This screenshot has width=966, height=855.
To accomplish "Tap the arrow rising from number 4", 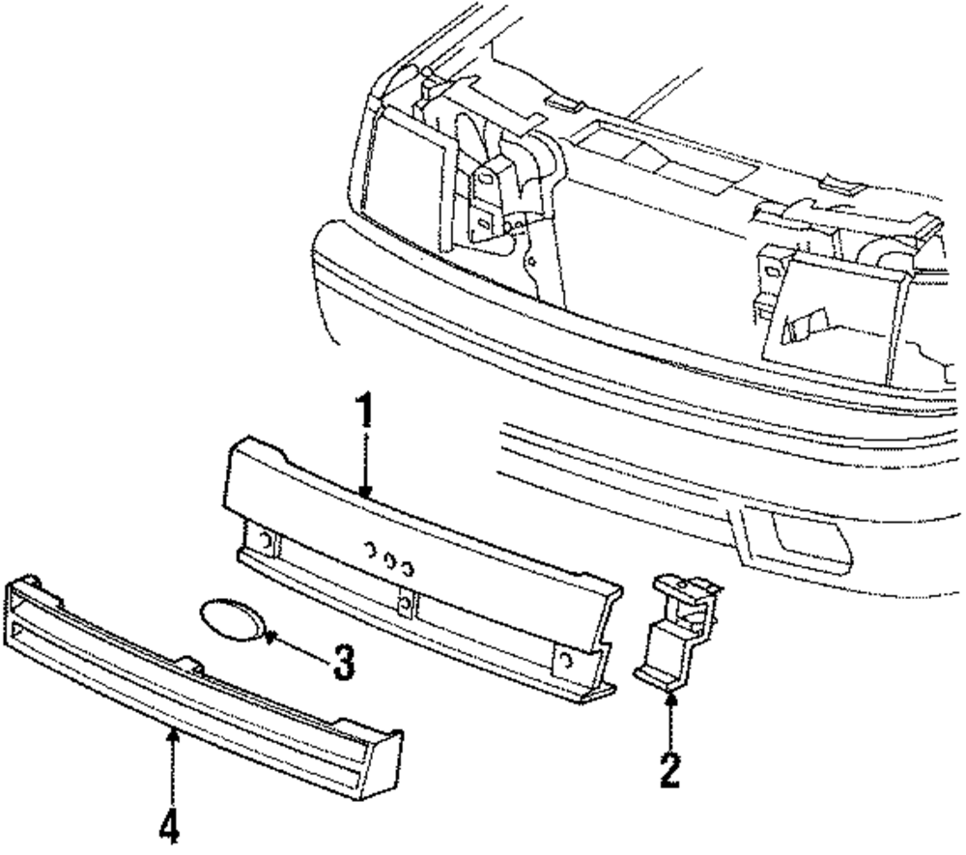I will (x=171, y=763).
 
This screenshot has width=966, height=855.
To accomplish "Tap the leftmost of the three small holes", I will (x=370, y=551).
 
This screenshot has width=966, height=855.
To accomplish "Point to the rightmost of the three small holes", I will (x=410, y=564).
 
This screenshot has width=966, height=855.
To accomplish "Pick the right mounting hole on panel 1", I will (x=567, y=661).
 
